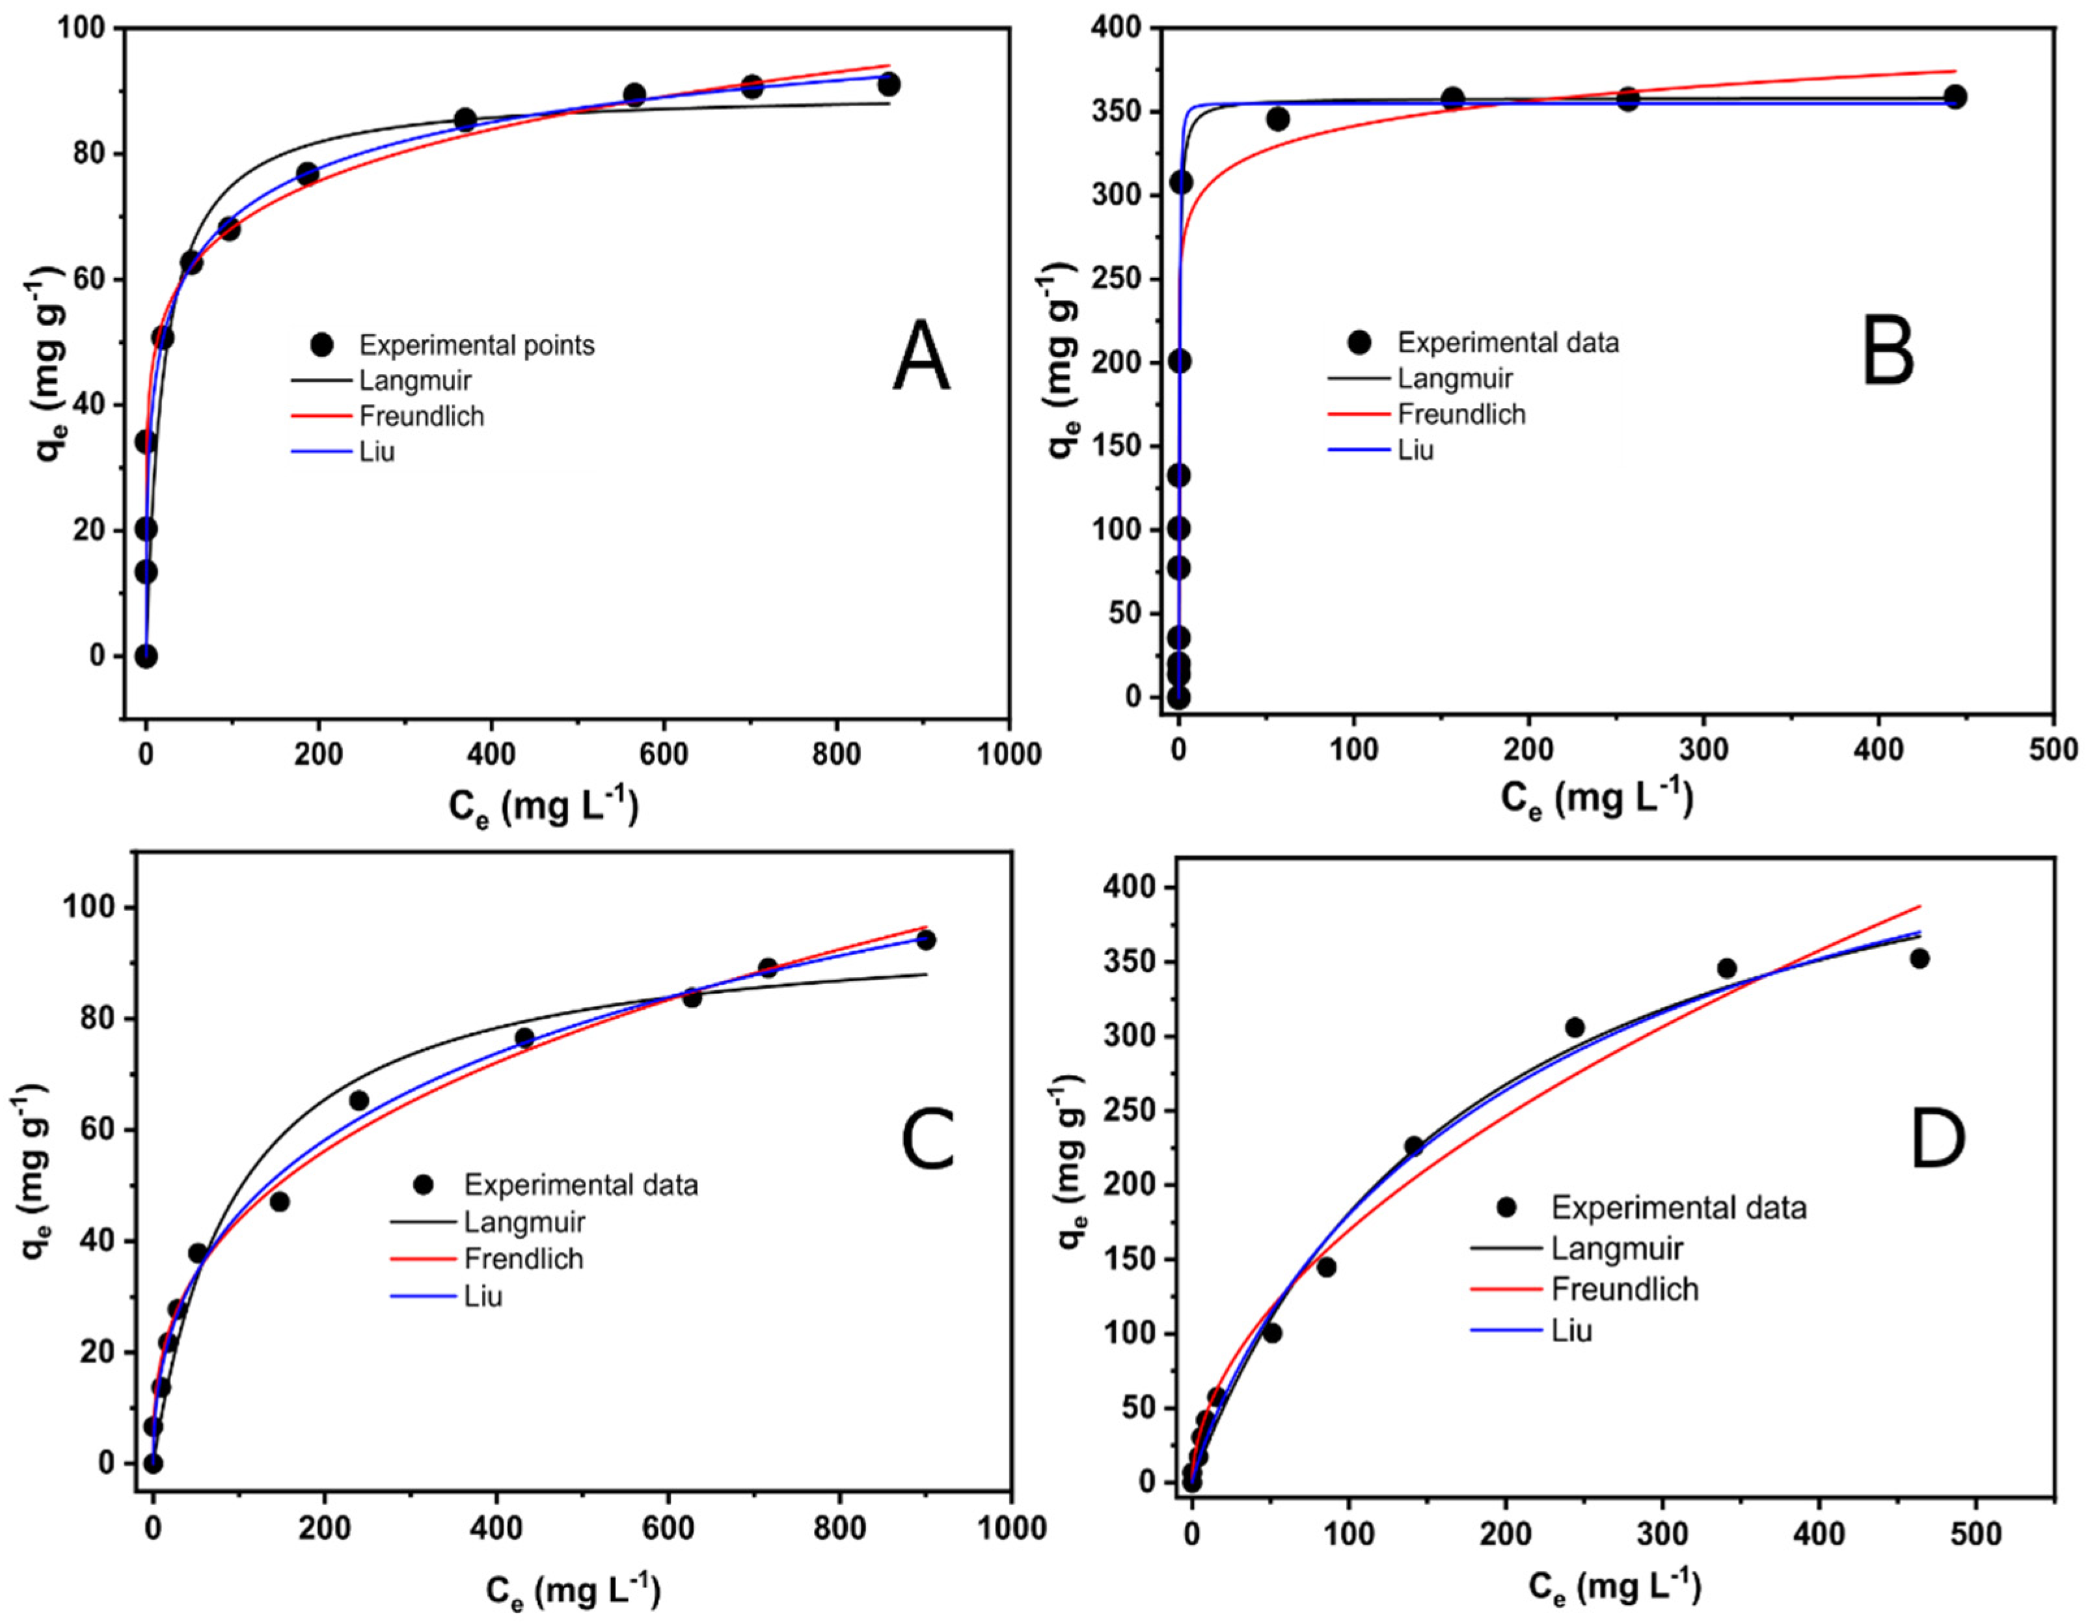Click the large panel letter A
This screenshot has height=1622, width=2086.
pyautogui.click(x=921, y=357)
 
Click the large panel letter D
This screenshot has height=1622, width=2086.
pyautogui.click(x=1936, y=1137)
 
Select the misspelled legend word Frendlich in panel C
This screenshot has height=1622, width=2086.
pyautogui.click(x=523, y=1259)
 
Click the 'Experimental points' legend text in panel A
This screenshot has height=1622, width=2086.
pyautogui.click(x=477, y=345)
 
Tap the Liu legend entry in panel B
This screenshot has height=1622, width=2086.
pyautogui.click(x=1416, y=450)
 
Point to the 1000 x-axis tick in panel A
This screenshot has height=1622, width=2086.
pyautogui.click(x=1009, y=755)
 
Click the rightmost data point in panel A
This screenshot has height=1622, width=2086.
pyautogui.click(x=888, y=85)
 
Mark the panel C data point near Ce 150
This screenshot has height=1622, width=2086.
pyautogui.click(x=279, y=1202)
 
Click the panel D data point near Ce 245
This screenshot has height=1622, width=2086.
pyautogui.click(x=1575, y=1028)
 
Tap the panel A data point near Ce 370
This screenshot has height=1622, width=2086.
pyautogui.click(x=465, y=120)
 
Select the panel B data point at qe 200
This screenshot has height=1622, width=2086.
pyautogui.click(x=1180, y=361)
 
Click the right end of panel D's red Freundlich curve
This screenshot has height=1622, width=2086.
pyautogui.click(x=1920, y=906)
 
